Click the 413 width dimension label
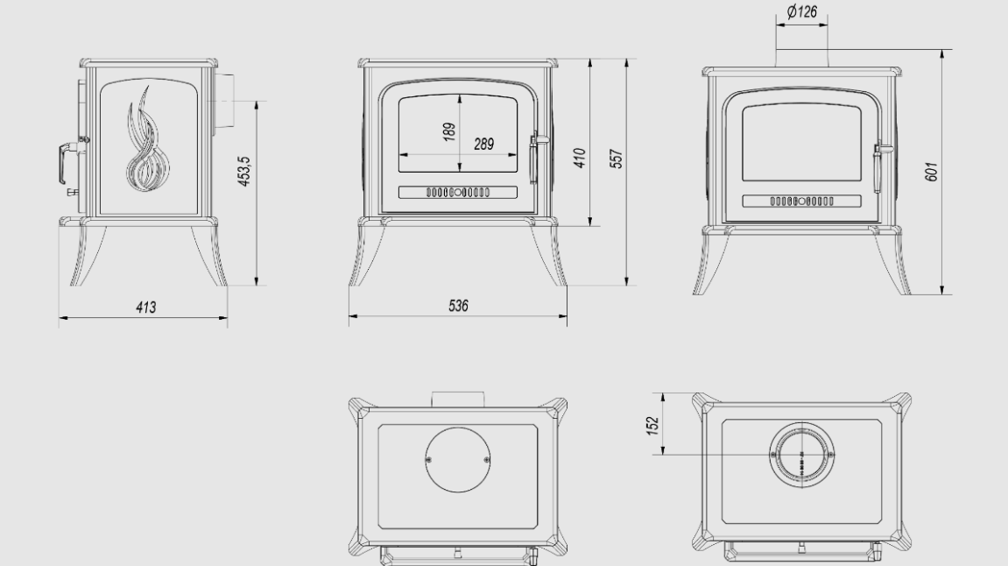(x=146, y=308)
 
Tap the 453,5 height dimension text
(x=245, y=171)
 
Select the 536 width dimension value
(x=458, y=306)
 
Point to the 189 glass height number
(x=449, y=131)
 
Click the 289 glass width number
(x=484, y=144)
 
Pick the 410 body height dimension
(x=580, y=158)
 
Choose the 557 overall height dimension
(x=617, y=159)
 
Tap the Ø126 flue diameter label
(x=801, y=11)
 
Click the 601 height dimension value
(x=932, y=172)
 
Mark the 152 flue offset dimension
(x=653, y=426)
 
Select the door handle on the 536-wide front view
(x=535, y=158)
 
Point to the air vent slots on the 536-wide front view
(x=458, y=192)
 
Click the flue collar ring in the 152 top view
(x=801, y=455)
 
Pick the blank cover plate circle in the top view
(x=458, y=460)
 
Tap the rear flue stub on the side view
(x=225, y=102)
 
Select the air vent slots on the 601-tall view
(x=801, y=202)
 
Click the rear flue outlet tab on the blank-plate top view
(x=458, y=399)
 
